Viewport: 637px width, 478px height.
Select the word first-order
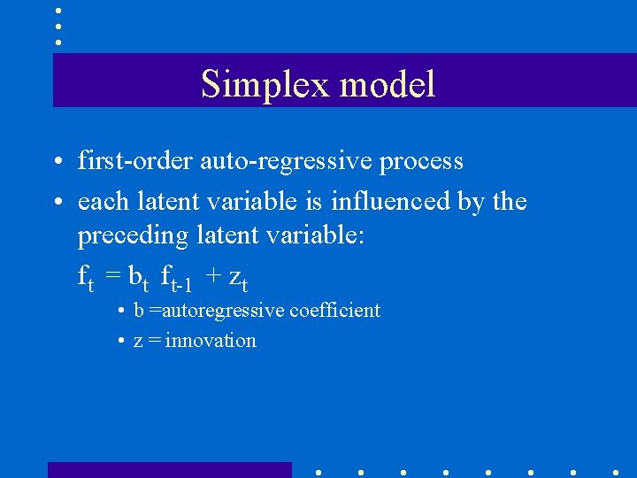pos(135,161)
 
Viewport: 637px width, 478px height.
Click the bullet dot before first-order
pos(56,163)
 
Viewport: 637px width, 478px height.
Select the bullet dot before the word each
pos(56,203)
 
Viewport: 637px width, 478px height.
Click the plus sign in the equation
pos(213,277)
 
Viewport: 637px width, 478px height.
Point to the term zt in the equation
pos(238,280)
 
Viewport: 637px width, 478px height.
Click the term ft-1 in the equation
pos(176,280)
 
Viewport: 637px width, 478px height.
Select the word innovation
pos(211,341)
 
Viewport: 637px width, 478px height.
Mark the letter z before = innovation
pos(137,342)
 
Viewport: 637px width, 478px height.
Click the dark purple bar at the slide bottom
pos(169,469)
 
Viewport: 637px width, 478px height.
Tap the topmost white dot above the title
pos(58,11)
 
